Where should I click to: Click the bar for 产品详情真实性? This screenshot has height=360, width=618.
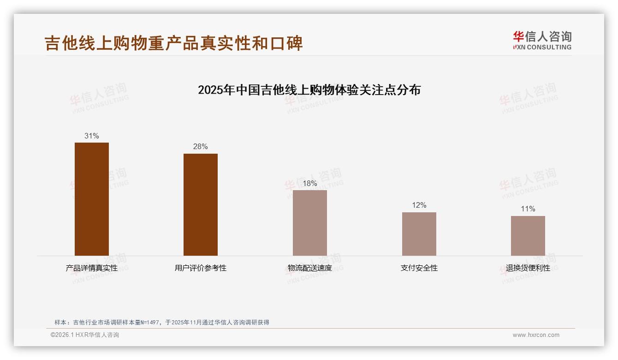tap(92, 199)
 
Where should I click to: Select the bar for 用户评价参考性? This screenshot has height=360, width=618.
tap(201, 204)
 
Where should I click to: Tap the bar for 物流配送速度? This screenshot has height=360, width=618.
tap(310, 223)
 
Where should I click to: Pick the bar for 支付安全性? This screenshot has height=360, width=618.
tap(419, 234)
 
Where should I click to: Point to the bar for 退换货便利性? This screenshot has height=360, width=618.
tap(528, 236)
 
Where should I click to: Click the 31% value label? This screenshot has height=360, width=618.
tap(92, 136)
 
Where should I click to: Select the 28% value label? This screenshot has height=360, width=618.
tap(201, 147)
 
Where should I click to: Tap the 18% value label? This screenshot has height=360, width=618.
tap(310, 183)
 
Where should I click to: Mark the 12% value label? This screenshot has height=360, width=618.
tap(419, 205)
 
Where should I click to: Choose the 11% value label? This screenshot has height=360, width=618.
tap(528, 209)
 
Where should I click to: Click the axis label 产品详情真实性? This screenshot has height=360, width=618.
tap(92, 268)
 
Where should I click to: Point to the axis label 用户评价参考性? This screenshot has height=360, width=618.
tap(201, 268)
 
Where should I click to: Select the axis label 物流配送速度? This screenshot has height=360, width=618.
tap(310, 268)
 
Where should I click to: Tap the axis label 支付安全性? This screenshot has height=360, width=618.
tap(419, 268)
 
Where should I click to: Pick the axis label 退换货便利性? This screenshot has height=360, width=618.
tap(528, 268)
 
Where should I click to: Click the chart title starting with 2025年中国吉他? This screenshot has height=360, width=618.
tap(309, 90)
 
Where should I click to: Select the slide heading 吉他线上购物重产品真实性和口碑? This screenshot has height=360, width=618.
tap(174, 43)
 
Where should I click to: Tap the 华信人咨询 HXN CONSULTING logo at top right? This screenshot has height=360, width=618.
tap(542, 41)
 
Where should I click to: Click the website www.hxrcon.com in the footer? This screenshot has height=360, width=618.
tap(536, 335)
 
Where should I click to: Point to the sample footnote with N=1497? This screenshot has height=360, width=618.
tap(162, 323)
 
